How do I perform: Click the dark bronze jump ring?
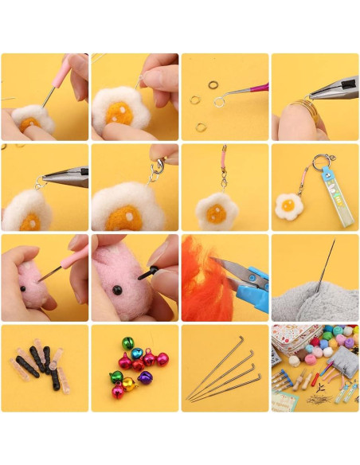click(x=213, y=85)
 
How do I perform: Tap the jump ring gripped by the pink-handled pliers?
click(x=220, y=101)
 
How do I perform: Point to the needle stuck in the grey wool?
click(x=324, y=267)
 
